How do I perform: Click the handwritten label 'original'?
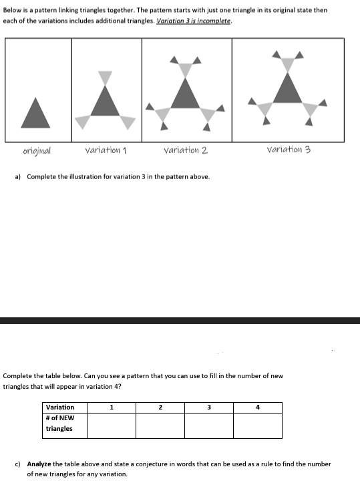click(x=36, y=150)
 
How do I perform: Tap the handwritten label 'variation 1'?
click(x=106, y=150)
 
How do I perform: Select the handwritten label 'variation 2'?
click(x=185, y=150)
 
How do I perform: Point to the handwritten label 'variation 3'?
click(x=289, y=150)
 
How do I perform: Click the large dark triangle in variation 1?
click(x=106, y=103)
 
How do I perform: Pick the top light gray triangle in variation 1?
click(x=105, y=77)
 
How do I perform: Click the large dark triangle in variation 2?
click(x=186, y=94)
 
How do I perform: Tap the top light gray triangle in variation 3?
click(x=288, y=63)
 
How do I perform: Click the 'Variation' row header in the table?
click(x=60, y=407)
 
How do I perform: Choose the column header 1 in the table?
click(x=112, y=407)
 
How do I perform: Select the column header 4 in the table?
click(x=257, y=407)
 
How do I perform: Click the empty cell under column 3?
click(x=208, y=426)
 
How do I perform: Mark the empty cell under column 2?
click(x=160, y=426)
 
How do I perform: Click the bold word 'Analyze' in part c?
click(x=39, y=464)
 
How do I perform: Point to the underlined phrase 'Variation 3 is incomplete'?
click(x=194, y=21)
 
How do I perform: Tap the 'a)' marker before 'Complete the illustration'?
click(x=18, y=176)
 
